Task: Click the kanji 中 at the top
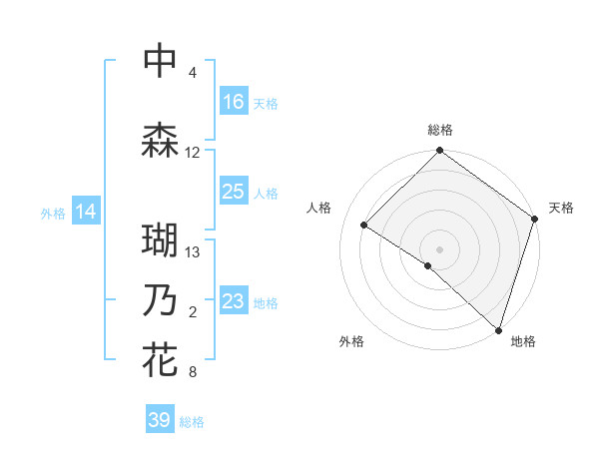[x=161, y=61]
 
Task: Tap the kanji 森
[x=161, y=141]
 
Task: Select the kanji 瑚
[x=161, y=241]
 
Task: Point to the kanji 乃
[x=161, y=301]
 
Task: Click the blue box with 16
[x=234, y=102]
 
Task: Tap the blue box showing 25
[x=234, y=192]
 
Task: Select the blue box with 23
[x=234, y=301]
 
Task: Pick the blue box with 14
[x=86, y=212]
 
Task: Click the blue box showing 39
[x=160, y=420]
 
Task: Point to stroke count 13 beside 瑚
[x=193, y=252]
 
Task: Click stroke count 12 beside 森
[x=193, y=153]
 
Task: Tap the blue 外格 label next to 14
[x=53, y=213]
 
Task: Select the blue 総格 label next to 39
[x=193, y=422]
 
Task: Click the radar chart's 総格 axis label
[x=440, y=130]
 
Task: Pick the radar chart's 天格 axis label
[x=561, y=208]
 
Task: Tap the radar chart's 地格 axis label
[x=523, y=341]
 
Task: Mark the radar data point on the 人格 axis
[x=364, y=226]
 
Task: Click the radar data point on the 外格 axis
[x=428, y=265]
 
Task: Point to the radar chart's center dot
[x=440, y=248]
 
